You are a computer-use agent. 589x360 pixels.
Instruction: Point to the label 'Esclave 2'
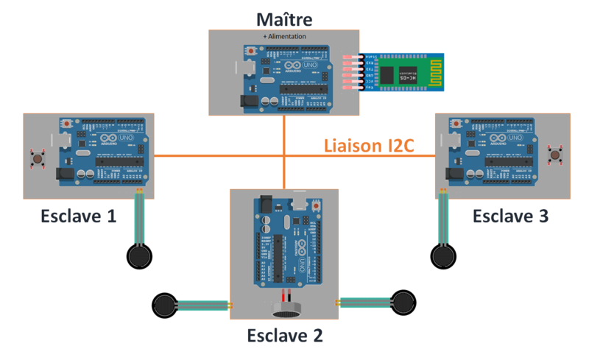[285, 336]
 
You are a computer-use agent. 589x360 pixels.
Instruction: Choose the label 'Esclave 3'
[510, 216]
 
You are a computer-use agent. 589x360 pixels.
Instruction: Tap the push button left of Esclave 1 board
[35, 157]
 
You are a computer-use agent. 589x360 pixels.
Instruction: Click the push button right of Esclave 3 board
[554, 155]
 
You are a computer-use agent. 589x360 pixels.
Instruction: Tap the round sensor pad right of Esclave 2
[403, 302]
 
